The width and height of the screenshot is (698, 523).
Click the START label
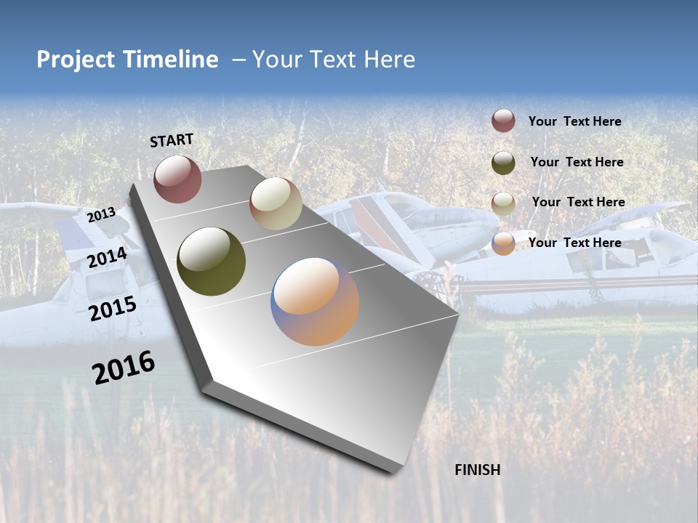tap(172, 140)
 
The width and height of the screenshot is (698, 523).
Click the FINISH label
tap(477, 470)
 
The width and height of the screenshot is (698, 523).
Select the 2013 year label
tap(101, 214)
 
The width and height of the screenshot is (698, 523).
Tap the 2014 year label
tap(107, 257)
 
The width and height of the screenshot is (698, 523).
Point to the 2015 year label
tap(112, 309)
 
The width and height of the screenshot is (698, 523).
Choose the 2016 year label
tap(124, 368)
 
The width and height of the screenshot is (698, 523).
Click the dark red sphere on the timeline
tap(177, 179)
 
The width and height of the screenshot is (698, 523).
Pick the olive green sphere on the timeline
tap(211, 261)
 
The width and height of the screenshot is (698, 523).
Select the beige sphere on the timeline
tap(276, 203)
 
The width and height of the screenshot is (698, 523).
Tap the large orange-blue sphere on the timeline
tap(315, 301)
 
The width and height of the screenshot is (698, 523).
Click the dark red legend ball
tap(503, 121)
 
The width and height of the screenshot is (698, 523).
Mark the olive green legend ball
tap(503, 163)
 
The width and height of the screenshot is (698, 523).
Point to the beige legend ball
tap(503, 203)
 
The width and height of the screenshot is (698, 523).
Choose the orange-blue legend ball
tap(503, 243)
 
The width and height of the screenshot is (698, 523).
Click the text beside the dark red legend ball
tap(574, 121)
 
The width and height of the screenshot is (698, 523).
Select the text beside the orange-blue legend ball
tap(574, 243)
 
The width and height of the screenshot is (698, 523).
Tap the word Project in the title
tap(75, 60)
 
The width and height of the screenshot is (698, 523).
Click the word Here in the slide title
tap(389, 60)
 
